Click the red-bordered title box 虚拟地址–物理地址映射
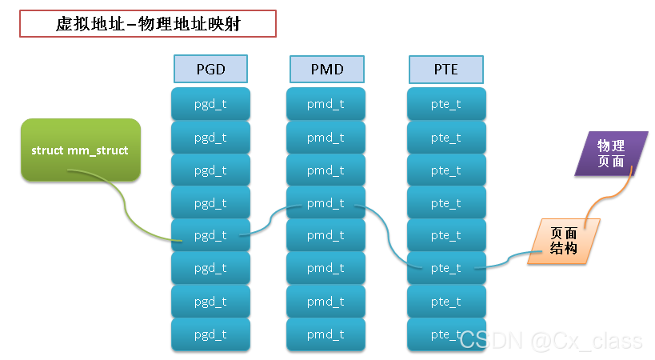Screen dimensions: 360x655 (148, 24)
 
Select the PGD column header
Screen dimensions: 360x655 (211, 69)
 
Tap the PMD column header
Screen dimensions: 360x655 (326, 69)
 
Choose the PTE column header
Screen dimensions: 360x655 (445, 69)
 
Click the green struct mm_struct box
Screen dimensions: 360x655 (80, 150)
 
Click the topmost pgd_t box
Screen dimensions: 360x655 (211, 104)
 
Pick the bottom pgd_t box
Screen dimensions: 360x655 (211, 334)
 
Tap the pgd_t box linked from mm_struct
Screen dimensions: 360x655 (211, 236)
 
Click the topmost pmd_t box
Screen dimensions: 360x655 (326, 104)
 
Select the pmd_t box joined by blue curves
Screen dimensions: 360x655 (326, 203)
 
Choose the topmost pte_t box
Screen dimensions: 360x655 (445, 104)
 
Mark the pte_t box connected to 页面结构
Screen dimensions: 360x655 (445, 269)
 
